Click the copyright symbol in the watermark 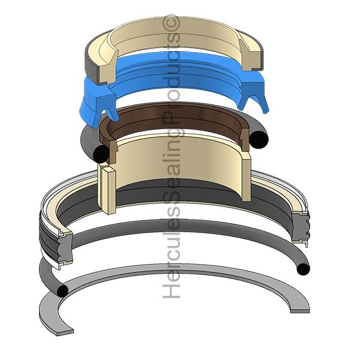171,23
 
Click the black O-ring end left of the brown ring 101,154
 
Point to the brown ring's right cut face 245,140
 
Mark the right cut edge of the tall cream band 247,177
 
